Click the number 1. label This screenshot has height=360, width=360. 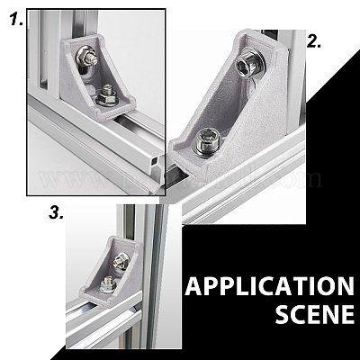(17, 20)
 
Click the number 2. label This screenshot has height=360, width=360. (314, 41)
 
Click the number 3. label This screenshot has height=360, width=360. (56, 213)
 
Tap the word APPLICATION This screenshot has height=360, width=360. (270, 286)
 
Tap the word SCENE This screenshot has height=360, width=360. (315, 314)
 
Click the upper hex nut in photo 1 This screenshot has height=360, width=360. (86, 56)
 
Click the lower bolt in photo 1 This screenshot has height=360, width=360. (108, 95)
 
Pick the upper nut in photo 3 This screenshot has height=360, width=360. (121, 261)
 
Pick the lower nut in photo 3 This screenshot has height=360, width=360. (108, 284)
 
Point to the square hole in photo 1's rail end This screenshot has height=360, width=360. (154, 161)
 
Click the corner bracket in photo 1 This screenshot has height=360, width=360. (97, 78)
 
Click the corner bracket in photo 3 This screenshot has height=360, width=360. (112, 272)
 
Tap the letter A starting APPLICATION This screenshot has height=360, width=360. (194, 286)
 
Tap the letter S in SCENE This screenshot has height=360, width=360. (283, 314)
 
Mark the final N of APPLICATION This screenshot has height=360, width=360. (345, 286)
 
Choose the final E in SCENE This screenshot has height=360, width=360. (348, 314)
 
